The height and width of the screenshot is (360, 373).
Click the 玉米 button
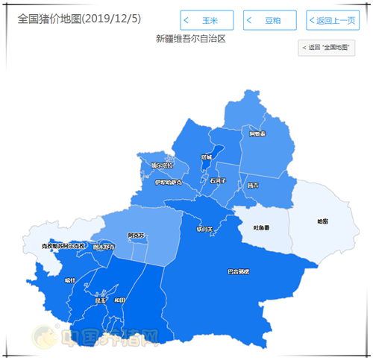(x=207, y=20)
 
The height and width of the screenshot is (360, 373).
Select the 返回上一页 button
(x=333, y=20)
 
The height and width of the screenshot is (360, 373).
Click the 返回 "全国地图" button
(x=327, y=48)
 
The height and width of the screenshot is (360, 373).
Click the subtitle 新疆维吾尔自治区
(x=191, y=38)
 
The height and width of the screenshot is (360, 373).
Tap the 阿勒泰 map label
(x=257, y=133)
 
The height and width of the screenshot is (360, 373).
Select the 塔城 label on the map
(x=207, y=157)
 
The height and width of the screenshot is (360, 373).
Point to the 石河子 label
(x=217, y=180)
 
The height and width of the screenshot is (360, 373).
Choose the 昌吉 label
(x=252, y=185)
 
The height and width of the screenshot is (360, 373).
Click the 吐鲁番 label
(x=262, y=228)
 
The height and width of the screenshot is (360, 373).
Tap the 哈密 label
(x=322, y=221)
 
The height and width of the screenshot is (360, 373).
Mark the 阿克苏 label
(x=136, y=236)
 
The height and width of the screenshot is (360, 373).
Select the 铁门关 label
(x=204, y=229)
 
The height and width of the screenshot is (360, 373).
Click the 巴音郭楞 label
(x=238, y=271)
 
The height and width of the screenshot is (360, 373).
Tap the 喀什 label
(x=70, y=280)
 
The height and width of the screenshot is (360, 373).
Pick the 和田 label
(x=119, y=300)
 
